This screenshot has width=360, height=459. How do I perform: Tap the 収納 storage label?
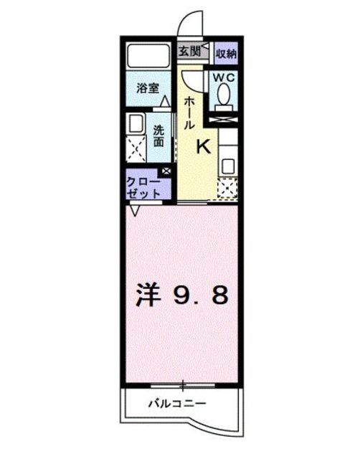(x=226, y=53)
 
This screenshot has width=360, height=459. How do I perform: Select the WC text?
(x=224, y=77)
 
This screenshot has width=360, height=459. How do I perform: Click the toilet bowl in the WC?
(x=224, y=93)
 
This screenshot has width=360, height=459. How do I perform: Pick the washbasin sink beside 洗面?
(x=135, y=123)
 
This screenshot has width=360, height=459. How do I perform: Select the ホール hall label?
(x=189, y=113)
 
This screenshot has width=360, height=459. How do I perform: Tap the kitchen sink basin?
(x=228, y=165)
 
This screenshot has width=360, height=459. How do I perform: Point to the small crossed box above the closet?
(x=167, y=171)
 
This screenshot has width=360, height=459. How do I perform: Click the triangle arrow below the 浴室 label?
(x=165, y=101)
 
